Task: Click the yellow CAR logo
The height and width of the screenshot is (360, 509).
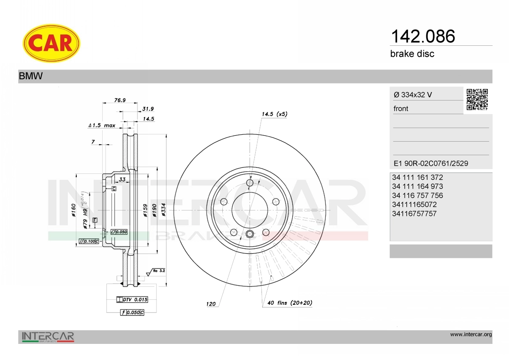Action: point(51,43)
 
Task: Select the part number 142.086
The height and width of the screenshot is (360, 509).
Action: point(423,36)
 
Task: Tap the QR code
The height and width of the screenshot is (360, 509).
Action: point(477,100)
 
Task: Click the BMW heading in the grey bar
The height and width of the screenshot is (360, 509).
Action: point(31,76)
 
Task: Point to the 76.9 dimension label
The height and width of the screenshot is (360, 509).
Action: point(120,100)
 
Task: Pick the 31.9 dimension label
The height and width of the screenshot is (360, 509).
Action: point(148,109)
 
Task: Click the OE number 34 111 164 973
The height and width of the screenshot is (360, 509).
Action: point(417,187)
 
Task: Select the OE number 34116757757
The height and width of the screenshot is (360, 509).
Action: point(414,214)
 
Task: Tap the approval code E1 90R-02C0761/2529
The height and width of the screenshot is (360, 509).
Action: point(431,164)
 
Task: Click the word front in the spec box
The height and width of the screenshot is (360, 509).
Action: point(401,109)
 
